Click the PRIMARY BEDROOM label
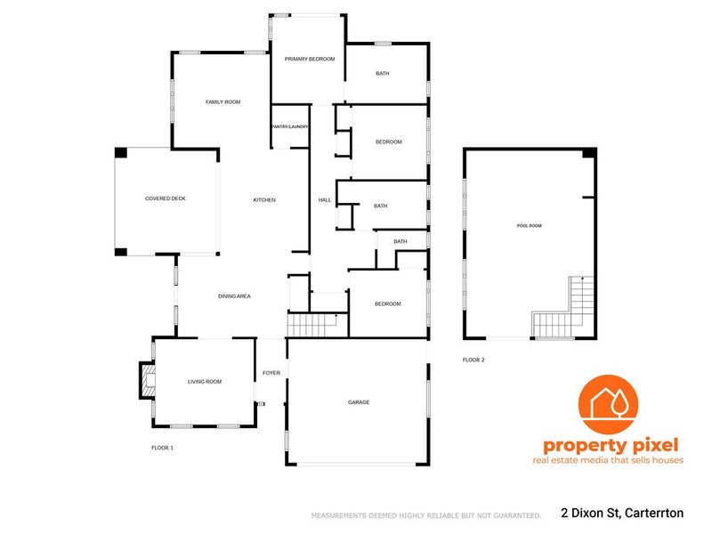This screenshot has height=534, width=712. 310,59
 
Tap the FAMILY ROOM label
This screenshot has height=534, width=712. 223,102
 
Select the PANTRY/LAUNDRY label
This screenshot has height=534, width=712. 290,126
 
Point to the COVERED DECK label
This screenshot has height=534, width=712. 166,198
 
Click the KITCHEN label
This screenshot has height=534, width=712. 264,199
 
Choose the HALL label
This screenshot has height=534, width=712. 325,199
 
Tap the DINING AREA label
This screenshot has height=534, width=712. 234,296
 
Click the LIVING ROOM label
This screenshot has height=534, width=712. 205,382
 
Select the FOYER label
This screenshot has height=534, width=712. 271,373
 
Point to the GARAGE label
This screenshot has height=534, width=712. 359,402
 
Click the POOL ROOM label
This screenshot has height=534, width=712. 530,226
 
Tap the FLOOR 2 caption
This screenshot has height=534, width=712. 473,360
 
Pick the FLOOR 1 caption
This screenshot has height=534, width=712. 163,448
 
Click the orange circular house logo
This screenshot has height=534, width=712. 608,404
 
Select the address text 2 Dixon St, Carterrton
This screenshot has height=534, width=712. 622,514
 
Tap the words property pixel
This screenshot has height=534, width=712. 611,446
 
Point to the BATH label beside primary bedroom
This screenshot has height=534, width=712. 383,73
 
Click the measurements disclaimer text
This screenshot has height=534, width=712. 426,515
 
